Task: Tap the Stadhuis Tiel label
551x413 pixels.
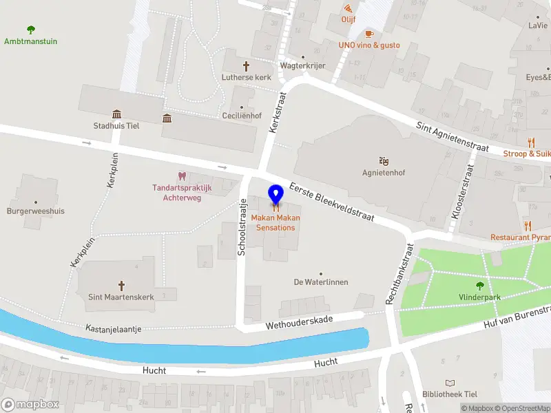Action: click(116, 125)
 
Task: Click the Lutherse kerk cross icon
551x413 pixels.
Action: click(245, 65)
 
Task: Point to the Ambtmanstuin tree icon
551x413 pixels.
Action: click(30, 30)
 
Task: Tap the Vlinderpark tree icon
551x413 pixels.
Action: click(479, 286)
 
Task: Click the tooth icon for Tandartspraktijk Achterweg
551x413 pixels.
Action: click(182, 177)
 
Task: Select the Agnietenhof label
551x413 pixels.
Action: click(382, 173)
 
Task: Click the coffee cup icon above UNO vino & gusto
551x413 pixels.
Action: click(368, 34)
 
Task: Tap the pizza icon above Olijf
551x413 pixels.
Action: click(349, 8)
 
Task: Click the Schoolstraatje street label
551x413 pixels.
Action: click(242, 227)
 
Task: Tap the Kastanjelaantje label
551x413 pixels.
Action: click(114, 330)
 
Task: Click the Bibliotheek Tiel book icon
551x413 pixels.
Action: click(450, 383)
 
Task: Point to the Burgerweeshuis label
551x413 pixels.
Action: click(36, 211)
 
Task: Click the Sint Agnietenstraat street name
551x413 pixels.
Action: click(453, 137)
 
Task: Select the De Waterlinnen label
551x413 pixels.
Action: click(320, 282)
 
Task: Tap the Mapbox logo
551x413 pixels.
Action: click(30, 404)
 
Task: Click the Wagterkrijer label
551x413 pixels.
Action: click(302, 66)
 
